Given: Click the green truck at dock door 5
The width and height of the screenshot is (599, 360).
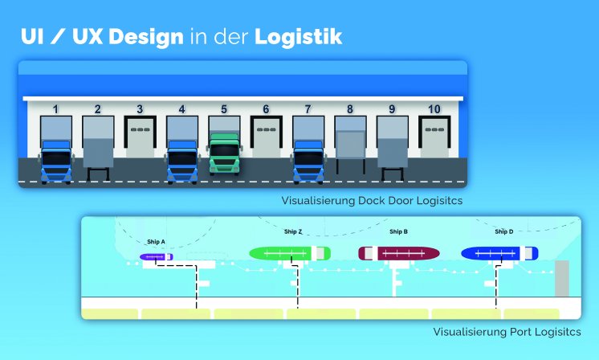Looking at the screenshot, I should [x=224, y=154].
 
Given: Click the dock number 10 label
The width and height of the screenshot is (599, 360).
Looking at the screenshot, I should [x=434, y=108].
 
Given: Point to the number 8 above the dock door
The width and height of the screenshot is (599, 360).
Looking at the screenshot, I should [x=349, y=108].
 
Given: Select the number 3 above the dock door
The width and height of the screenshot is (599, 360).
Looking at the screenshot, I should [x=140, y=108].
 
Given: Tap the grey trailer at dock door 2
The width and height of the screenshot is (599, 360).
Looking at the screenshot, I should [x=98, y=153].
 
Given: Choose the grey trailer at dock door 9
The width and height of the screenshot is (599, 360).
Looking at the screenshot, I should [x=392, y=153].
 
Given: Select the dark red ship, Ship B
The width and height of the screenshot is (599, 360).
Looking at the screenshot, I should [x=398, y=253].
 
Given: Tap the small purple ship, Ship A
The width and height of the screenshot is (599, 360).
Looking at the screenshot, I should [x=156, y=257].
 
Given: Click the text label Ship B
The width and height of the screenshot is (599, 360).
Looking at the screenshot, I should [x=398, y=231].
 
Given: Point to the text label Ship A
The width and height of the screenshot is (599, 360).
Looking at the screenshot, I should [x=156, y=241].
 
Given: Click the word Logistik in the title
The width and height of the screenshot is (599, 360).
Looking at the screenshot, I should [x=299, y=37].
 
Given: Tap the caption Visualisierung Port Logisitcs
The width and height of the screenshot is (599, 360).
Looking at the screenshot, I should [x=506, y=331].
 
